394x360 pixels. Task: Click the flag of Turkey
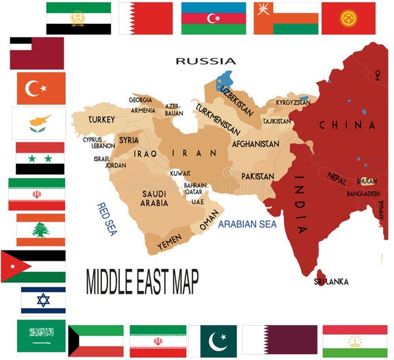(x=41, y=88)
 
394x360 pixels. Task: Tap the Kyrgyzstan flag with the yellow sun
(x=348, y=18)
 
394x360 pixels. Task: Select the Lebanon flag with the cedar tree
(x=40, y=230)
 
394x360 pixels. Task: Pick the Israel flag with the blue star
(x=43, y=300)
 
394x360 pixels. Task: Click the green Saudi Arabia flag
(x=41, y=334)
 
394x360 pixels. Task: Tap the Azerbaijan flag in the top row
(x=213, y=18)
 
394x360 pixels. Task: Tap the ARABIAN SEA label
(x=247, y=224)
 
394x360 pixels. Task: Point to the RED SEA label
(x=107, y=218)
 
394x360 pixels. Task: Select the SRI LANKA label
(x=331, y=281)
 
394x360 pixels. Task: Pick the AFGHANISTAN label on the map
(x=255, y=144)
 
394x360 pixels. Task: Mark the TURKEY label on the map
(x=101, y=119)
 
